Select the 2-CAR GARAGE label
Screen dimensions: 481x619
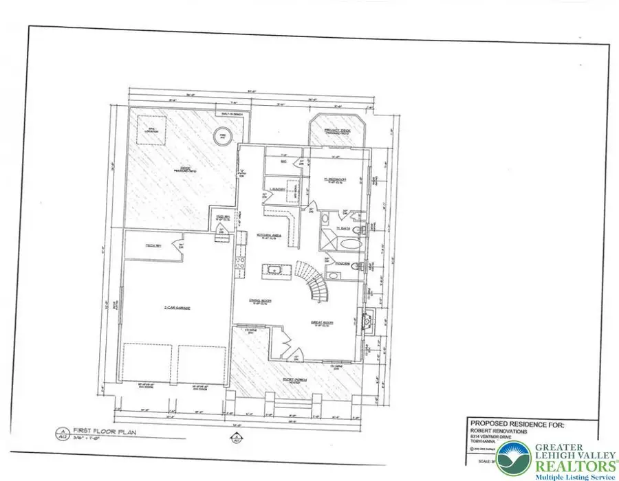(x=177, y=309)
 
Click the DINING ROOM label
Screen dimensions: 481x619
(x=261, y=300)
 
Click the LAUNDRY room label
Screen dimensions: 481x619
(x=278, y=187)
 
